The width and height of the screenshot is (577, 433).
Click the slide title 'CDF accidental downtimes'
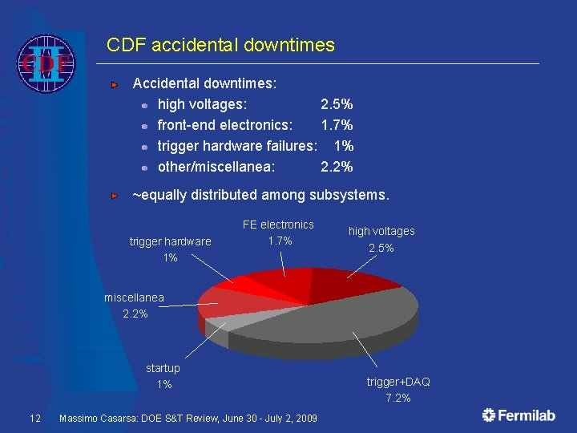(x=220, y=45)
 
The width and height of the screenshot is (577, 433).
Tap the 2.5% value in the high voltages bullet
(x=337, y=104)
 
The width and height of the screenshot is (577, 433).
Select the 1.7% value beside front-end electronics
(x=337, y=125)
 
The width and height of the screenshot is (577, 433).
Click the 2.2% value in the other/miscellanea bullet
(x=337, y=167)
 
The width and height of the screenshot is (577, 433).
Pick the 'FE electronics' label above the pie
(x=278, y=225)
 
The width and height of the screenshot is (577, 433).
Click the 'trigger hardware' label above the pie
(x=170, y=241)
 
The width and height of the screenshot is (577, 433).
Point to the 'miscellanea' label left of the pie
(x=134, y=297)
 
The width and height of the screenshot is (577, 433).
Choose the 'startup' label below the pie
(x=163, y=368)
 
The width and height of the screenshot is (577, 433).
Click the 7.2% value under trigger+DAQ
(x=398, y=398)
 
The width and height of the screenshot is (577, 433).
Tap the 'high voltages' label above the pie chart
(x=381, y=231)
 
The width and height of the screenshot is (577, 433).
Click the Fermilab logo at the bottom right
(x=518, y=415)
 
